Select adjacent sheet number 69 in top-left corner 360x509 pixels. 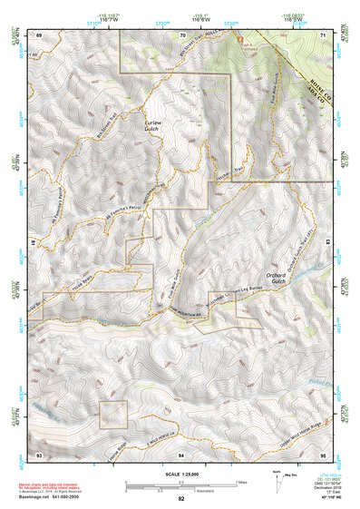[39, 34]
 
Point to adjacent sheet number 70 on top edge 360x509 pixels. [181, 34]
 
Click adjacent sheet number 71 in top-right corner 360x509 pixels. [324, 34]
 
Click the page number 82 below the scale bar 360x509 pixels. [181, 498]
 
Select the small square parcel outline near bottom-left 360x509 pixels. [112, 413]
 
